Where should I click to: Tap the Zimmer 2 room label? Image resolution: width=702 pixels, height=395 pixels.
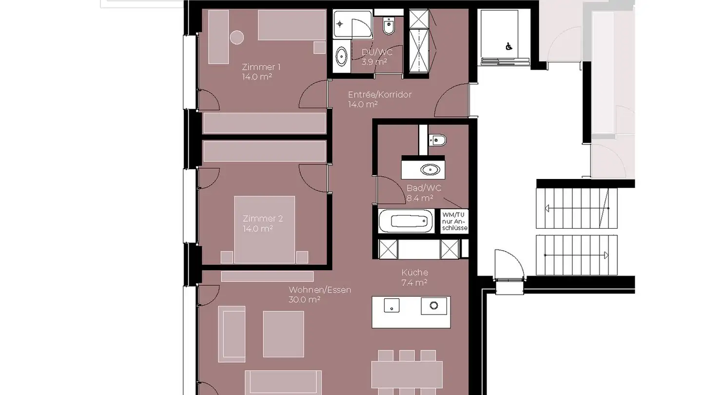[x=262, y=218]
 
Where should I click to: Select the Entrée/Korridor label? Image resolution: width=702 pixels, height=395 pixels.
[x=379, y=95]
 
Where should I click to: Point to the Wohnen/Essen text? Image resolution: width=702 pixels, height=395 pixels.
[x=319, y=290]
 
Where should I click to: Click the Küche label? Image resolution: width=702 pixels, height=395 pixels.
[x=414, y=273]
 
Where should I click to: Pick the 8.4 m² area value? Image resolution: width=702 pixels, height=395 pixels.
[x=420, y=198]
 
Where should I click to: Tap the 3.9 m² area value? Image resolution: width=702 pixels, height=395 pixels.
[x=374, y=62]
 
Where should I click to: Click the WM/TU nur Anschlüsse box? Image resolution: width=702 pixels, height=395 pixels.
[x=454, y=221]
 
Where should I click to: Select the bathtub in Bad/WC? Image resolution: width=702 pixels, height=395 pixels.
[x=406, y=221]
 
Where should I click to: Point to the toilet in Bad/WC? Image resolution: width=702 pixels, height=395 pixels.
[x=437, y=140]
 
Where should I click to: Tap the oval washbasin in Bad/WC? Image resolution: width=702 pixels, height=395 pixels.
[x=429, y=170]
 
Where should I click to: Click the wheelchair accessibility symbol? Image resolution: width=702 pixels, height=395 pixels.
[x=508, y=47]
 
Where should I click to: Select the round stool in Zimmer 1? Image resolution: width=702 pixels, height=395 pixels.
[x=237, y=38]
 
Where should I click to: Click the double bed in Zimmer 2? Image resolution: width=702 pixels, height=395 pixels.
[x=264, y=229]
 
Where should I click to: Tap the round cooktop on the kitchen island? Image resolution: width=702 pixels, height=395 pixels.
[x=433, y=306]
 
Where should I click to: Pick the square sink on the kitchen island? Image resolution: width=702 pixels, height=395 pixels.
[x=391, y=306]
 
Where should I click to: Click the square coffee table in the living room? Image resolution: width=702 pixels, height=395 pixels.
[x=283, y=334]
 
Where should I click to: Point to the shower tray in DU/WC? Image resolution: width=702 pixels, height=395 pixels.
[x=352, y=24]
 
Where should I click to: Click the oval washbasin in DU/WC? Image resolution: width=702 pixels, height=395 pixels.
[x=342, y=56]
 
